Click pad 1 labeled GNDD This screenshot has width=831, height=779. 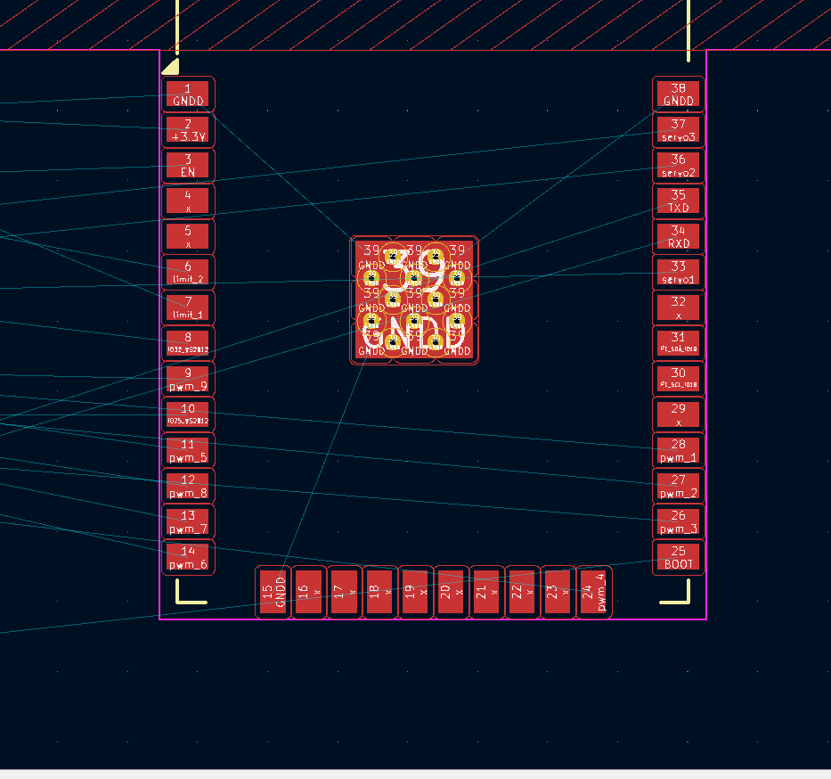(188, 94)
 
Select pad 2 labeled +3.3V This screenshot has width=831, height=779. (188, 130)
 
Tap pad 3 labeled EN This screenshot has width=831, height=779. (188, 166)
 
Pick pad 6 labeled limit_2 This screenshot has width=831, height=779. (188, 272)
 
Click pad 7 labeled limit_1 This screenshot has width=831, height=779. (188, 307)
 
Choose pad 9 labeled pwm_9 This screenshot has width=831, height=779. (188, 379)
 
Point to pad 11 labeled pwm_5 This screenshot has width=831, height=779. (188, 450)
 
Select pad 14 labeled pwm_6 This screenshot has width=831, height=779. (188, 557)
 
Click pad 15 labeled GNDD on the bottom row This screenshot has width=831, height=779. (273, 592)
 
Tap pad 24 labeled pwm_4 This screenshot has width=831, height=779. (594, 592)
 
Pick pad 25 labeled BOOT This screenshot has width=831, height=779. (679, 557)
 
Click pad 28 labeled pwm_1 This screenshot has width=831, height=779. (679, 450)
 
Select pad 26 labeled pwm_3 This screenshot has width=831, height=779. (679, 521)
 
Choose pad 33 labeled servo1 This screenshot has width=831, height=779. (679, 272)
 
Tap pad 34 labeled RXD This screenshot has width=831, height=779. (679, 236)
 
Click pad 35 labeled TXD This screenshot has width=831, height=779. (679, 201)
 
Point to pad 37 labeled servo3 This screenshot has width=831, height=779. (679, 130)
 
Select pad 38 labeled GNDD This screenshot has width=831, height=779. (679, 94)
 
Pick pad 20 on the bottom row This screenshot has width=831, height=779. (452, 592)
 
